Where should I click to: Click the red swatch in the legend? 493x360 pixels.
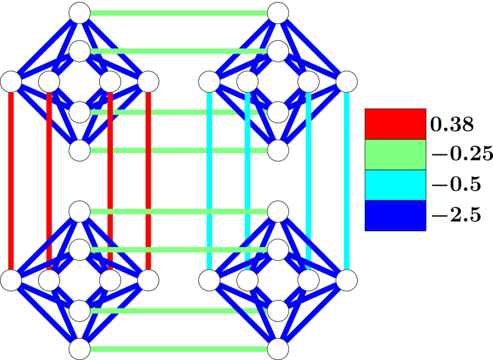395,124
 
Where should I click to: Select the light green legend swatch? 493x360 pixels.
395,154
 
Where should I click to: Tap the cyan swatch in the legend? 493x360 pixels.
395,185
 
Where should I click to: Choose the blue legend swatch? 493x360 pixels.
395,215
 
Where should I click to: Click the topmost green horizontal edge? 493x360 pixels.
178,13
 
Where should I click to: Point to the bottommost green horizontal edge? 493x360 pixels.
178,349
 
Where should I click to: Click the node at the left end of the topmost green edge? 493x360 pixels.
80,13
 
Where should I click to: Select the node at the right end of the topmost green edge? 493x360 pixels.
278,13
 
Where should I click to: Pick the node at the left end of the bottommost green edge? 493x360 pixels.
80,349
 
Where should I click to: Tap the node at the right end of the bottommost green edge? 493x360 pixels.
278,349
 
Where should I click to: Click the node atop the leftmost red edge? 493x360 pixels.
11,82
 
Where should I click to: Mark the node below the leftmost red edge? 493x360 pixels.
11,280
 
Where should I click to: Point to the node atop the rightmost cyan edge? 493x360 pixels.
347,82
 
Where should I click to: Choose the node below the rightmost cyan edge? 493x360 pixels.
347,280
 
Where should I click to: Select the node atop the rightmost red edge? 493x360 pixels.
148,82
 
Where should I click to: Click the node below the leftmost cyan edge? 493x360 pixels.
209,280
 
